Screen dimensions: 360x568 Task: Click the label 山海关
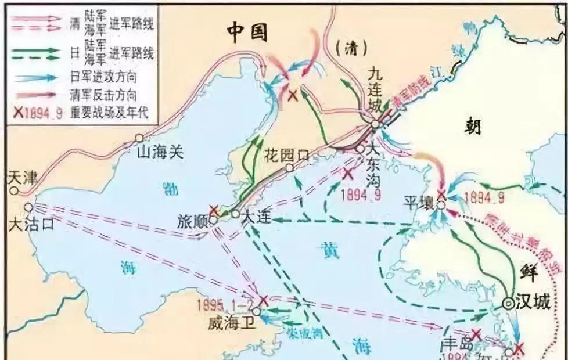pos(160,153)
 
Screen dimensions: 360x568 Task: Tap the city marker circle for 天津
pos(13,190)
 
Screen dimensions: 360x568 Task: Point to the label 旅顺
pos(192,222)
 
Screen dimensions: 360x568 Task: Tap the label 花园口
pos(287,155)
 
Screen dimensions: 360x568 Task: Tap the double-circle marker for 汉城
pos(508,303)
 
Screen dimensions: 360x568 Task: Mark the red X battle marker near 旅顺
pos(214,210)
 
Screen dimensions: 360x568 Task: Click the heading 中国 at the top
pos(247,34)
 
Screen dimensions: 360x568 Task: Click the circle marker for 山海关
pos(139,138)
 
